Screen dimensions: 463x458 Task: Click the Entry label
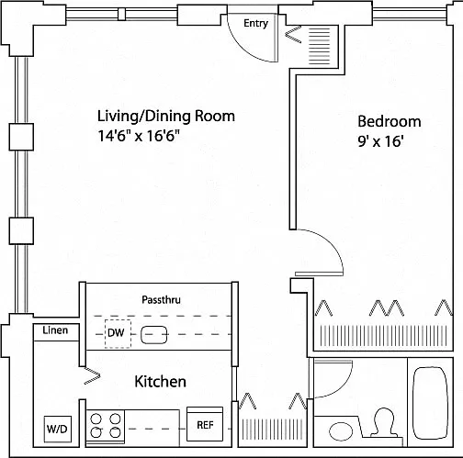tap(255, 23)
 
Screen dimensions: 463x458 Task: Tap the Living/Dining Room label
tap(166, 116)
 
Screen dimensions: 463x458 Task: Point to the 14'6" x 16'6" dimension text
tap(138, 136)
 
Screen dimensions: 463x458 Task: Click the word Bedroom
tap(390, 121)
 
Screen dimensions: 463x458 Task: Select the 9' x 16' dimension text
tap(380, 141)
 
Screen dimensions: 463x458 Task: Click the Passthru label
tap(161, 299)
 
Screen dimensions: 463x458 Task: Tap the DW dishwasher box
tap(118, 334)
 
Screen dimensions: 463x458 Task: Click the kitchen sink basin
tap(154, 335)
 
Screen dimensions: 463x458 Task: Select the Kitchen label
tap(161, 382)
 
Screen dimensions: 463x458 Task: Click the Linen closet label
tap(55, 330)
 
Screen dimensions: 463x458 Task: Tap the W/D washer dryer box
tap(58, 429)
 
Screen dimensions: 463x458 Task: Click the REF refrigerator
tap(205, 424)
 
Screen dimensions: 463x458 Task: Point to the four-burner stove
tap(106, 426)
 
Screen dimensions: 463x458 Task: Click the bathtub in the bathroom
tap(430, 403)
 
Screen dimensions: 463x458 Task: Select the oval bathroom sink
tap(341, 431)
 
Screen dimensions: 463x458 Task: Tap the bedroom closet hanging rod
tap(383, 335)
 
